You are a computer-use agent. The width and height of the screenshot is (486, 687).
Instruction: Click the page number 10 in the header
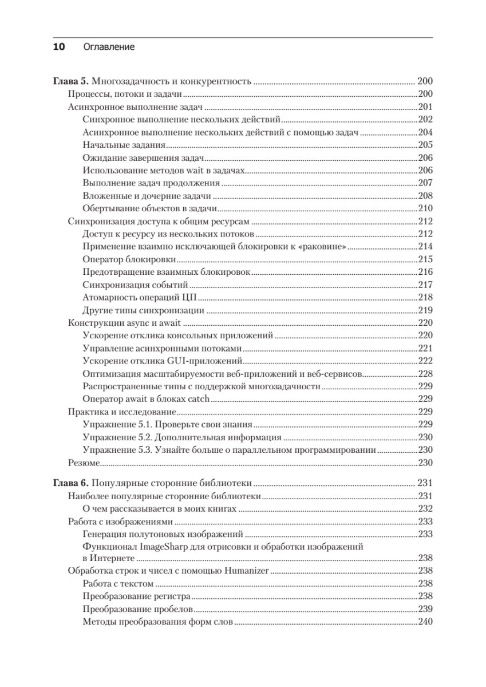(x=60, y=47)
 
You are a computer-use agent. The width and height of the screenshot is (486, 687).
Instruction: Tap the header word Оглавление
(x=109, y=47)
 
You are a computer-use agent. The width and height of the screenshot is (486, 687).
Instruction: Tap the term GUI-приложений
(x=206, y=361)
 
